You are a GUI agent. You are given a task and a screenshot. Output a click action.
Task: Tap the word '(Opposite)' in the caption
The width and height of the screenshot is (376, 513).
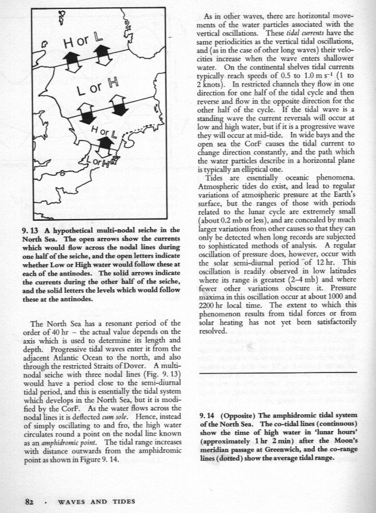(x=239, y=416)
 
